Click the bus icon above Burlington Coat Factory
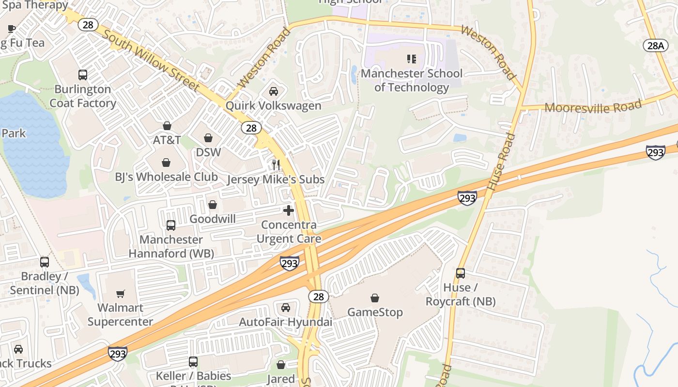pos(83,75)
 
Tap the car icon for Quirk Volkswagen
pos(274,91)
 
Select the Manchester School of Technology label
pos(412,80)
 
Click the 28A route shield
pos(655,45)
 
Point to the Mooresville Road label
pos(593,106)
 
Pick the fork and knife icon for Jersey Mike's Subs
pos(276,165)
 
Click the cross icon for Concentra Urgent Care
pos(289,210)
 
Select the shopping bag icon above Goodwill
pos(212,205)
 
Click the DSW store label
pos(208,152)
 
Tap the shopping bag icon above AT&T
pos(167,126)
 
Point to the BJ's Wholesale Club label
pos(166,177)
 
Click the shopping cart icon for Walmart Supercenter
pos(121,294)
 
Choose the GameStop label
pos(375,313)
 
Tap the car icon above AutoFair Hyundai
pos(286,308)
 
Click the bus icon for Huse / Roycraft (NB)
pos(461,273)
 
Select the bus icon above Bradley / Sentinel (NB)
pos(45,262)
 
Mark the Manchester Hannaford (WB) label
pos(171,246)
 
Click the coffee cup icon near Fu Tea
pos(12,29)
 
